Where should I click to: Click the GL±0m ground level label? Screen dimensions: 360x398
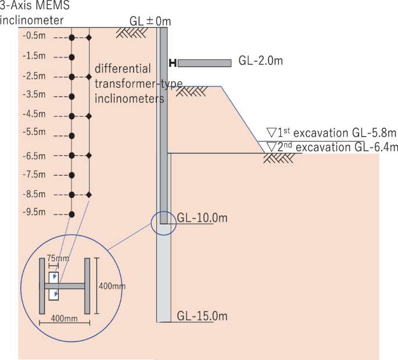pyautogui.click(x=150, y=22)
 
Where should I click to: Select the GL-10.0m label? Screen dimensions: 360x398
pyautogui.click(x=201, y=218)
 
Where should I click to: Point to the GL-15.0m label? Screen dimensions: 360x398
pyautogui.click(x=202, y=316)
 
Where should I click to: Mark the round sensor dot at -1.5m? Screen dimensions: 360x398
pyautogui.click(x=71, y=57)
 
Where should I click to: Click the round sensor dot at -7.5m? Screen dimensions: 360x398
pyautogui.click(x=71, y=174)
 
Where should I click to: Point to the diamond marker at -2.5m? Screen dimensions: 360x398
pyautogui.click(x=89, y=77)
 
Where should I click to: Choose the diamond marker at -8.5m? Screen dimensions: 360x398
pyautogui.click(x=89, y=194)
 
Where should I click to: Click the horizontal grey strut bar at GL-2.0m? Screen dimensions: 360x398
pyautogui.click(x=204, y=63)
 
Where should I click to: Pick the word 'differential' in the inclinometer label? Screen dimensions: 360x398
pyautogui.click(x=123, y=67)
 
